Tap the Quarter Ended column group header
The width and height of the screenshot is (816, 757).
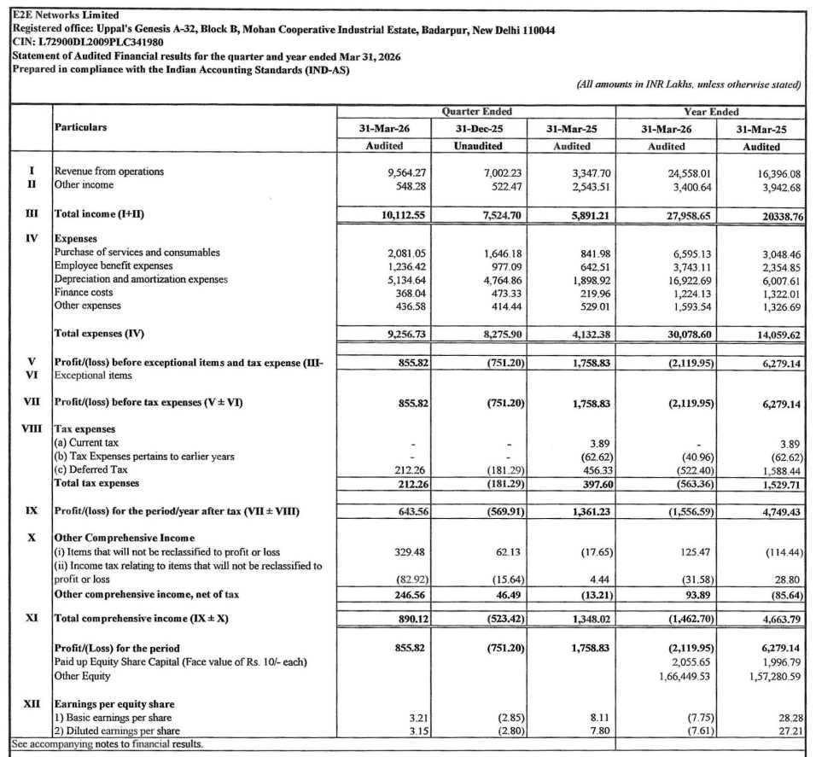tap(476, 112)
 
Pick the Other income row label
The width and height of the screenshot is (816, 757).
tap(83, 184)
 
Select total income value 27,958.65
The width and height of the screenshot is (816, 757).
tap(687, 216)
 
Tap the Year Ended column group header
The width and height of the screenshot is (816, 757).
tap(711, 112)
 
